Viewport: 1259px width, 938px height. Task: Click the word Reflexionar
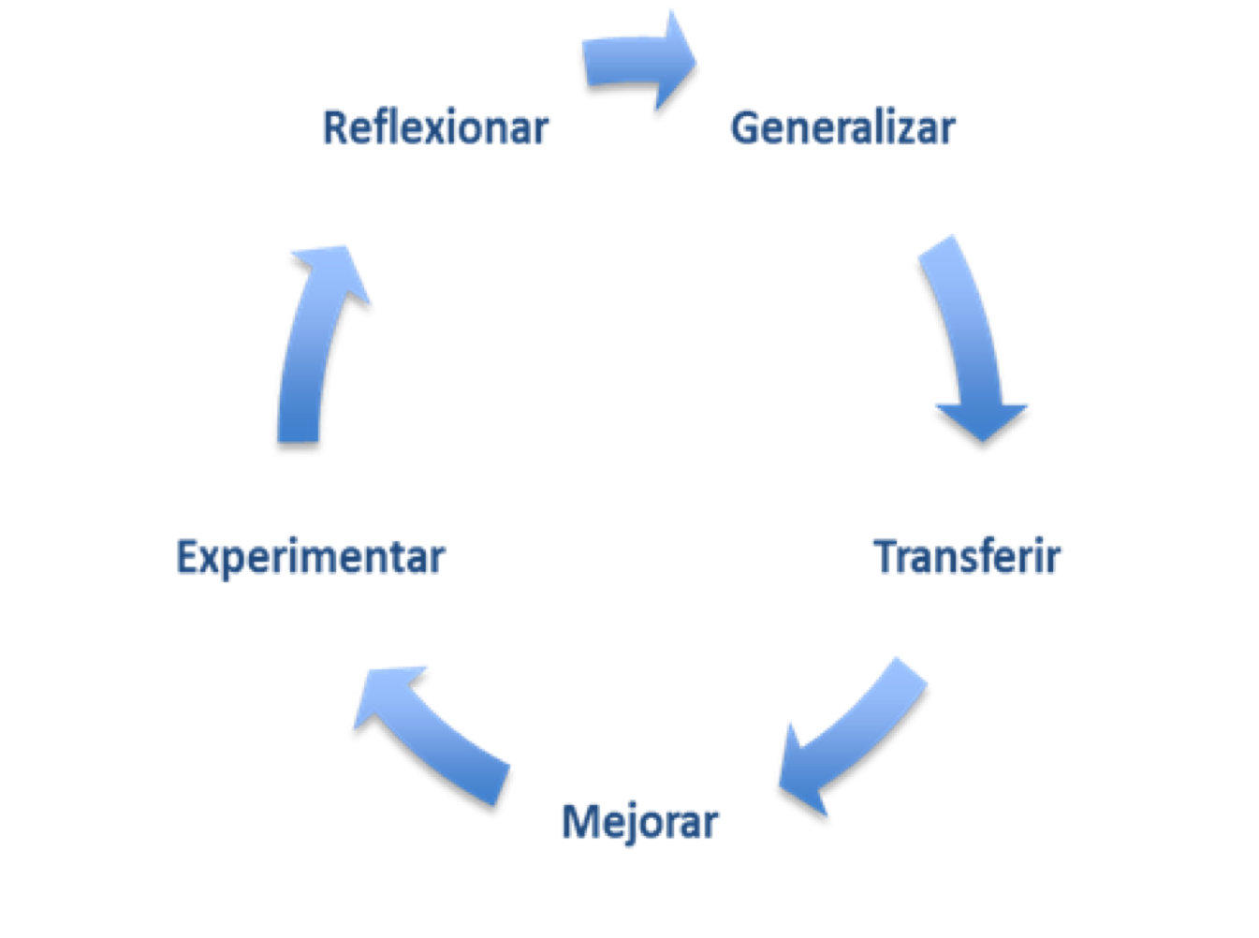click(435, 127)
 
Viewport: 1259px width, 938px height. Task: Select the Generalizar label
click(842, 127)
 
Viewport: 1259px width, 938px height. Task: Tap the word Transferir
click(968, 558)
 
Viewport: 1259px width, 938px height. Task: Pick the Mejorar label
click(640, 822)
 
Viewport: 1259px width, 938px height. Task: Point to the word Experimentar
click(311, 558)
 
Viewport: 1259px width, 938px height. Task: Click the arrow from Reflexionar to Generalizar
click(632, 62)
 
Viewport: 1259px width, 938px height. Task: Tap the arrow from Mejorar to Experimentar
click(440, 730)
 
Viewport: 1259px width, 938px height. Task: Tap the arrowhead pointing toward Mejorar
click(801, 772)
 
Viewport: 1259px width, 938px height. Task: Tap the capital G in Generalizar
click(744, 127)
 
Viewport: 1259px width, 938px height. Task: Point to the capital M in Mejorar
click(579, 822)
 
